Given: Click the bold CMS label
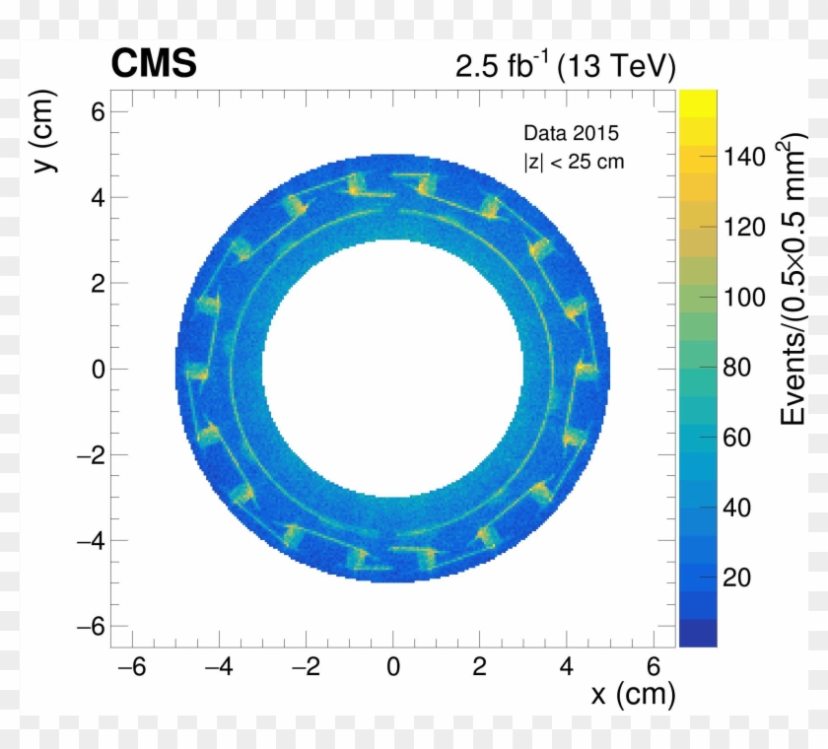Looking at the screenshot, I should pyautogui.click(x=154, y=65).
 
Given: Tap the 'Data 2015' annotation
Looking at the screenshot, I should pyautogui.click(x=571, y=133).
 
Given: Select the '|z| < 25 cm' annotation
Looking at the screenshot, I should pyautogui.click(x=573, y=161).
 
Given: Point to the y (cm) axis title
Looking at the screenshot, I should pyautogui.click(x=44, y=132).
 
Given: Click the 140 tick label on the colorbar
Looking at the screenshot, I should pyautogui.click(x=744, y=157).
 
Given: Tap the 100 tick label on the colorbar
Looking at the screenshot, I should pyautogui.click(x=744, y=298).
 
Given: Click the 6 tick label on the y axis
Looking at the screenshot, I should pyautogui.click(x=98, y=111).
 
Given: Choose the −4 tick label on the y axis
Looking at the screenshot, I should pyautogui.click(x=90, y=540).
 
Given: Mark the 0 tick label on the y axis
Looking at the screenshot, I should pyautogui.click(x=98, y=369).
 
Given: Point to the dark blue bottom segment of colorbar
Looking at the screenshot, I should pyautogui.click(x=697, y=633).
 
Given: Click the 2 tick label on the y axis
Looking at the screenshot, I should pyautogui.click(x=98, y=283).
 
